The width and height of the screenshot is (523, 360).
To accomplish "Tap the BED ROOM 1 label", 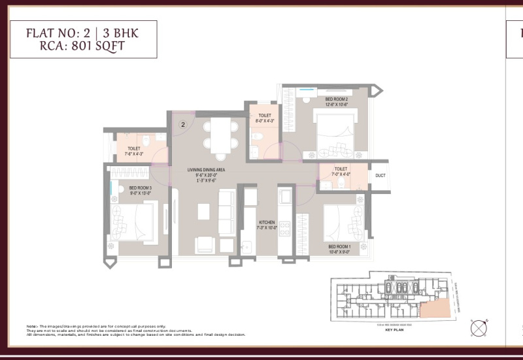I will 339,246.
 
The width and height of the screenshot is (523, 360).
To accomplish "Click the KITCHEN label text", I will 267,223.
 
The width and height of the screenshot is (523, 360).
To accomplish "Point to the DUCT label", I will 379,175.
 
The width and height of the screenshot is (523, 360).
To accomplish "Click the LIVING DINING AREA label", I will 206,170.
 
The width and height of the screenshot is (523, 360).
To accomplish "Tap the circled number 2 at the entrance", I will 184,123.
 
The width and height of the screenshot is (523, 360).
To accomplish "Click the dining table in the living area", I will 215,135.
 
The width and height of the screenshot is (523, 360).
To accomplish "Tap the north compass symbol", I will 479,326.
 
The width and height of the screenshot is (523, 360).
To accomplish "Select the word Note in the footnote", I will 31,325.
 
